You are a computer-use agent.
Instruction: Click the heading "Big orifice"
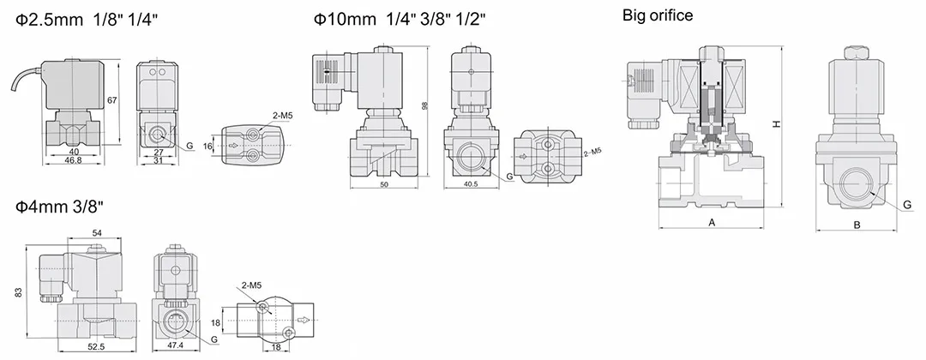658,16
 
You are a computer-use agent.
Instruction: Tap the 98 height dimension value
424,105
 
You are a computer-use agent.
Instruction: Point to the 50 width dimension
384,185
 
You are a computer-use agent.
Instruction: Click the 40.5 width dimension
471,185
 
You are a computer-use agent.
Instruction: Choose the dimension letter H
777,124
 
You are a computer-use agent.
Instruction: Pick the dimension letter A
712,223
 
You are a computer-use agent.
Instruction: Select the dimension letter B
857,225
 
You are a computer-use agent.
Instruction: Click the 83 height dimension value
18,291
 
